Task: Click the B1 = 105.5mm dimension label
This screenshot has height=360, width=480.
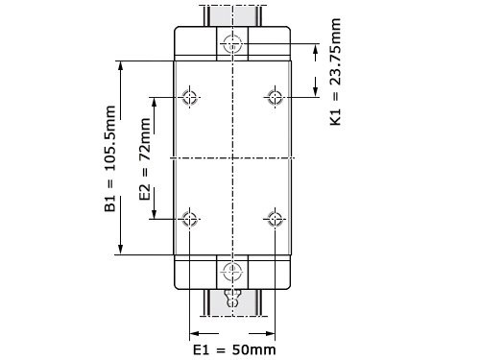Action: click(x=110, y=158)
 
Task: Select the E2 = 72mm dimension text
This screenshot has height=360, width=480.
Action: click(x=144, y=158)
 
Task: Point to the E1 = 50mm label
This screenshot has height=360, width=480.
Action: click(x=234, y=348)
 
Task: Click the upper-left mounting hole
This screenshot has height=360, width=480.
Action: click(x=190, y=97)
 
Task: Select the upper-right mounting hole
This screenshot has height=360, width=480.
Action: click(x=275, y=97)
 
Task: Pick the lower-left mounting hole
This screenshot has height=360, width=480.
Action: click(x=190, y=218)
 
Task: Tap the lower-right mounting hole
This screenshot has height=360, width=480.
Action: click(x=275, y=218)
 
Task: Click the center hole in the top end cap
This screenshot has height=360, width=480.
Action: click(x=232, y=43)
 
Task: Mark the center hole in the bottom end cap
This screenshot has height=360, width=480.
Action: click(x=232, y=270)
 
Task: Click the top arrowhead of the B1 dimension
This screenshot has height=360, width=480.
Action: click(x=122, y=64)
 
